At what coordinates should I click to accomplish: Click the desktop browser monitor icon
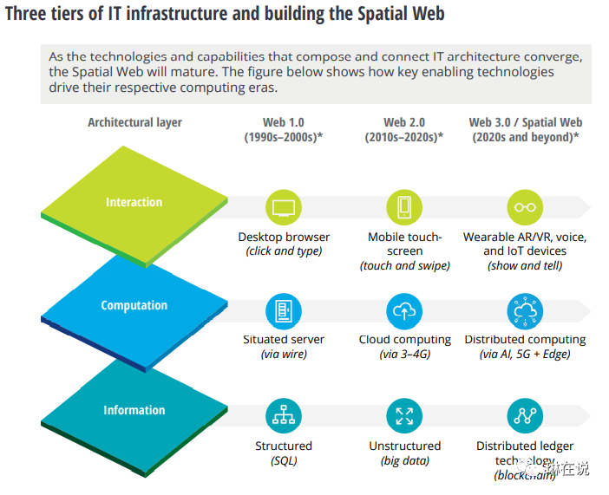[x=284, y=208]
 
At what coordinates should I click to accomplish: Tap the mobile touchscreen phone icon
[x=404, y=208]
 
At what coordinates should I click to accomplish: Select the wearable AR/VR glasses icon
[x=526, y=208]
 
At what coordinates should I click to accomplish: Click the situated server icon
[x=284, y=311]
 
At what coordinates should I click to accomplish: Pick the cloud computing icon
[x=404, y=311]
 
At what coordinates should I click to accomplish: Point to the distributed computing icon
[x=526, y=311]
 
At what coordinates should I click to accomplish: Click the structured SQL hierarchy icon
[x=284, y=416]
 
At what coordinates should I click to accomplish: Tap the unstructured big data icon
[x=404, y=416]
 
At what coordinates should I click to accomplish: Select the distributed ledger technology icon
[x=526, y=416]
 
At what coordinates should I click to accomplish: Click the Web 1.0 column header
[x=284, y=130]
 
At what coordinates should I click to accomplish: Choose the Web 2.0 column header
[x=404, y=130]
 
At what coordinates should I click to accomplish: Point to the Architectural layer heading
[x=134, y=122]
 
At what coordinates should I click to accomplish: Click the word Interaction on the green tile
[x=134, y=202]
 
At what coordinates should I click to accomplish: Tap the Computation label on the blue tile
[x=134, y=305]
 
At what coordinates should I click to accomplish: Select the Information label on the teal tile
[x=134, y=410]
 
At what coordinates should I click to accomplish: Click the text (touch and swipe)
[x=404, y=265]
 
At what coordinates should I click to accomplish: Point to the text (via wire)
[x=284, y=355]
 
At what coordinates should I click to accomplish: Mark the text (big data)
[x=404, y=460]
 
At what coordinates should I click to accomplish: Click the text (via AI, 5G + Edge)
[x=526, y=355]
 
